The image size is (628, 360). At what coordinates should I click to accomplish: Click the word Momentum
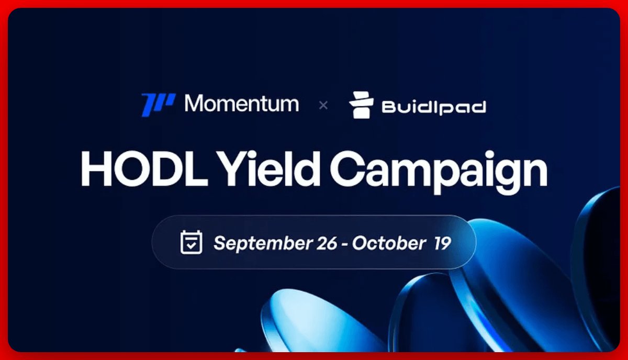pos(242,104)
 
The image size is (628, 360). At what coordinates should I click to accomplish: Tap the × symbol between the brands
pos(323,105)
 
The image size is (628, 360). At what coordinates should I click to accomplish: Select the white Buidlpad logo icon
pos(362,105)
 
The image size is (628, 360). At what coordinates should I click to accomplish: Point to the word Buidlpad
pos(434,107)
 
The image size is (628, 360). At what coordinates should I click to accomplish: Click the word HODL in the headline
pos(141,168)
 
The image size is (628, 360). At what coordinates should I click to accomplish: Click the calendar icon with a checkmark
pos(191,242)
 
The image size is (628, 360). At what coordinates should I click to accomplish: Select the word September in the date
pos(263,243)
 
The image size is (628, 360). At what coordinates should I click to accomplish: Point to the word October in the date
pos(388,243)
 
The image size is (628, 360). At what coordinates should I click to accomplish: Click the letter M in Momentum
pos(195,104)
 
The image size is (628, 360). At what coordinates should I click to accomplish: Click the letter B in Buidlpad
pos(389,107)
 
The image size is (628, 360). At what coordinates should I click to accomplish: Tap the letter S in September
pos(219,243)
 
